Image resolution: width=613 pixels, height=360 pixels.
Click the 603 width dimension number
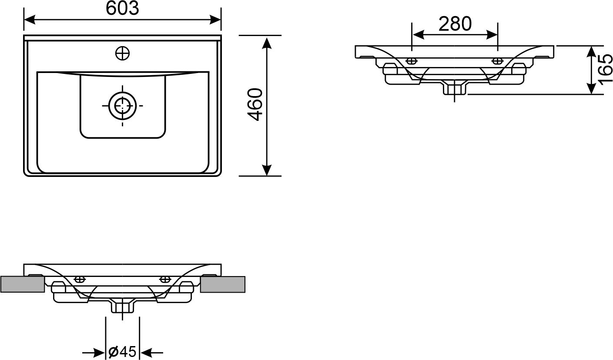pyautogui.click(x=122, y=9)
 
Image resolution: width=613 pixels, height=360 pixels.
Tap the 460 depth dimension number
pyautogui.click(x=255, y=104)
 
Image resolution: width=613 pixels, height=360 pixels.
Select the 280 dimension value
pyautogui.click(x=455, y=24)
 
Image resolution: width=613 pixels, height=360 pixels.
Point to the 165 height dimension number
pyautogui.click(x=605, y=70)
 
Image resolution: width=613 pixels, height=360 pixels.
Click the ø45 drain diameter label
pyautogui.click(x=122, y=351)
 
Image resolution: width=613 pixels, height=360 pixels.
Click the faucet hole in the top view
pyautogui.click(x=122, y=53)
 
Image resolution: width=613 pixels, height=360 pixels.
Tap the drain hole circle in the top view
pyautogui.click(x=122, y=106)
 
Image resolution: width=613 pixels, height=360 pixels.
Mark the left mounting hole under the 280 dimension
pyautogui.click(x=411, y=61)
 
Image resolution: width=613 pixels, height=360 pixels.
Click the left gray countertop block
pyautogui.click(x=22, y=284)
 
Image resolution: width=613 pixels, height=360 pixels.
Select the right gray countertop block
pyautogui.click(x=222, y=284)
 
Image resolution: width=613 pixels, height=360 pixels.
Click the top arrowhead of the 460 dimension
pyautogui.click(x=267, y=43)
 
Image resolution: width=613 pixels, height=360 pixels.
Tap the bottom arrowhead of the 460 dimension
pyautogui.click(x=267, y=170)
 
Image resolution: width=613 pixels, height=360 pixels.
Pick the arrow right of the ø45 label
pyautogui.click(x=151, y=352)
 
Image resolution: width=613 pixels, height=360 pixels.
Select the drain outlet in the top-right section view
pyautogui.click(x=455, y=87)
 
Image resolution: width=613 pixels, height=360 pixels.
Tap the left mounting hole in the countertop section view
pyautogui.click(x=80, y=279)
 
